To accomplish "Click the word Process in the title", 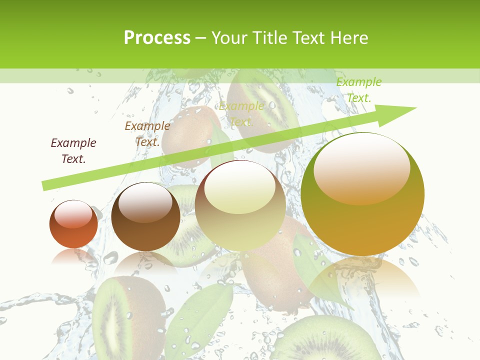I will click(157, 38).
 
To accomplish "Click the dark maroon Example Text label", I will click(73, 150).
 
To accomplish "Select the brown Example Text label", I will click(147, 133).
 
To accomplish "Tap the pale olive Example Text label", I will click(241, 113).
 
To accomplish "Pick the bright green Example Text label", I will click(359, 90).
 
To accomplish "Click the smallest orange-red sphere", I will click(73, 224).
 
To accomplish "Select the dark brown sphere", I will click(145, 217).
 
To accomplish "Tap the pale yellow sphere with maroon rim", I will click(240, 205).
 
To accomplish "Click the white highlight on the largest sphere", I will click(361, 167).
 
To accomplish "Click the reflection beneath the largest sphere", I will click(364, 277).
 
